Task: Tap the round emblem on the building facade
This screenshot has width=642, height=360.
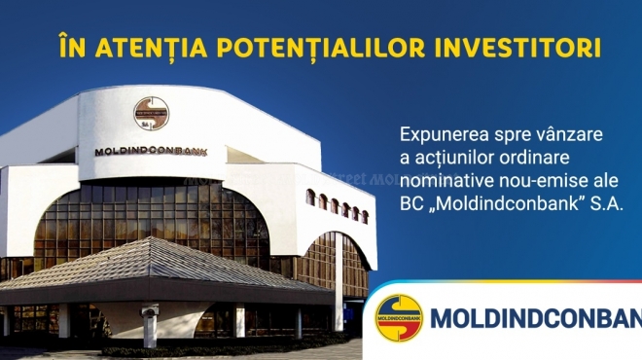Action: tap(152, 114)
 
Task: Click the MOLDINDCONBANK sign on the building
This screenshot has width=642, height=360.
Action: tap(151, 152)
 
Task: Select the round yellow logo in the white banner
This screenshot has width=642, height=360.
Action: tap(399, 318)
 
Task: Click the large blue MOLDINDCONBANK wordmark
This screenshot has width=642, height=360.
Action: tap(536, 318)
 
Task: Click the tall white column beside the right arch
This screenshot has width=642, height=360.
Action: tap(339, 282)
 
